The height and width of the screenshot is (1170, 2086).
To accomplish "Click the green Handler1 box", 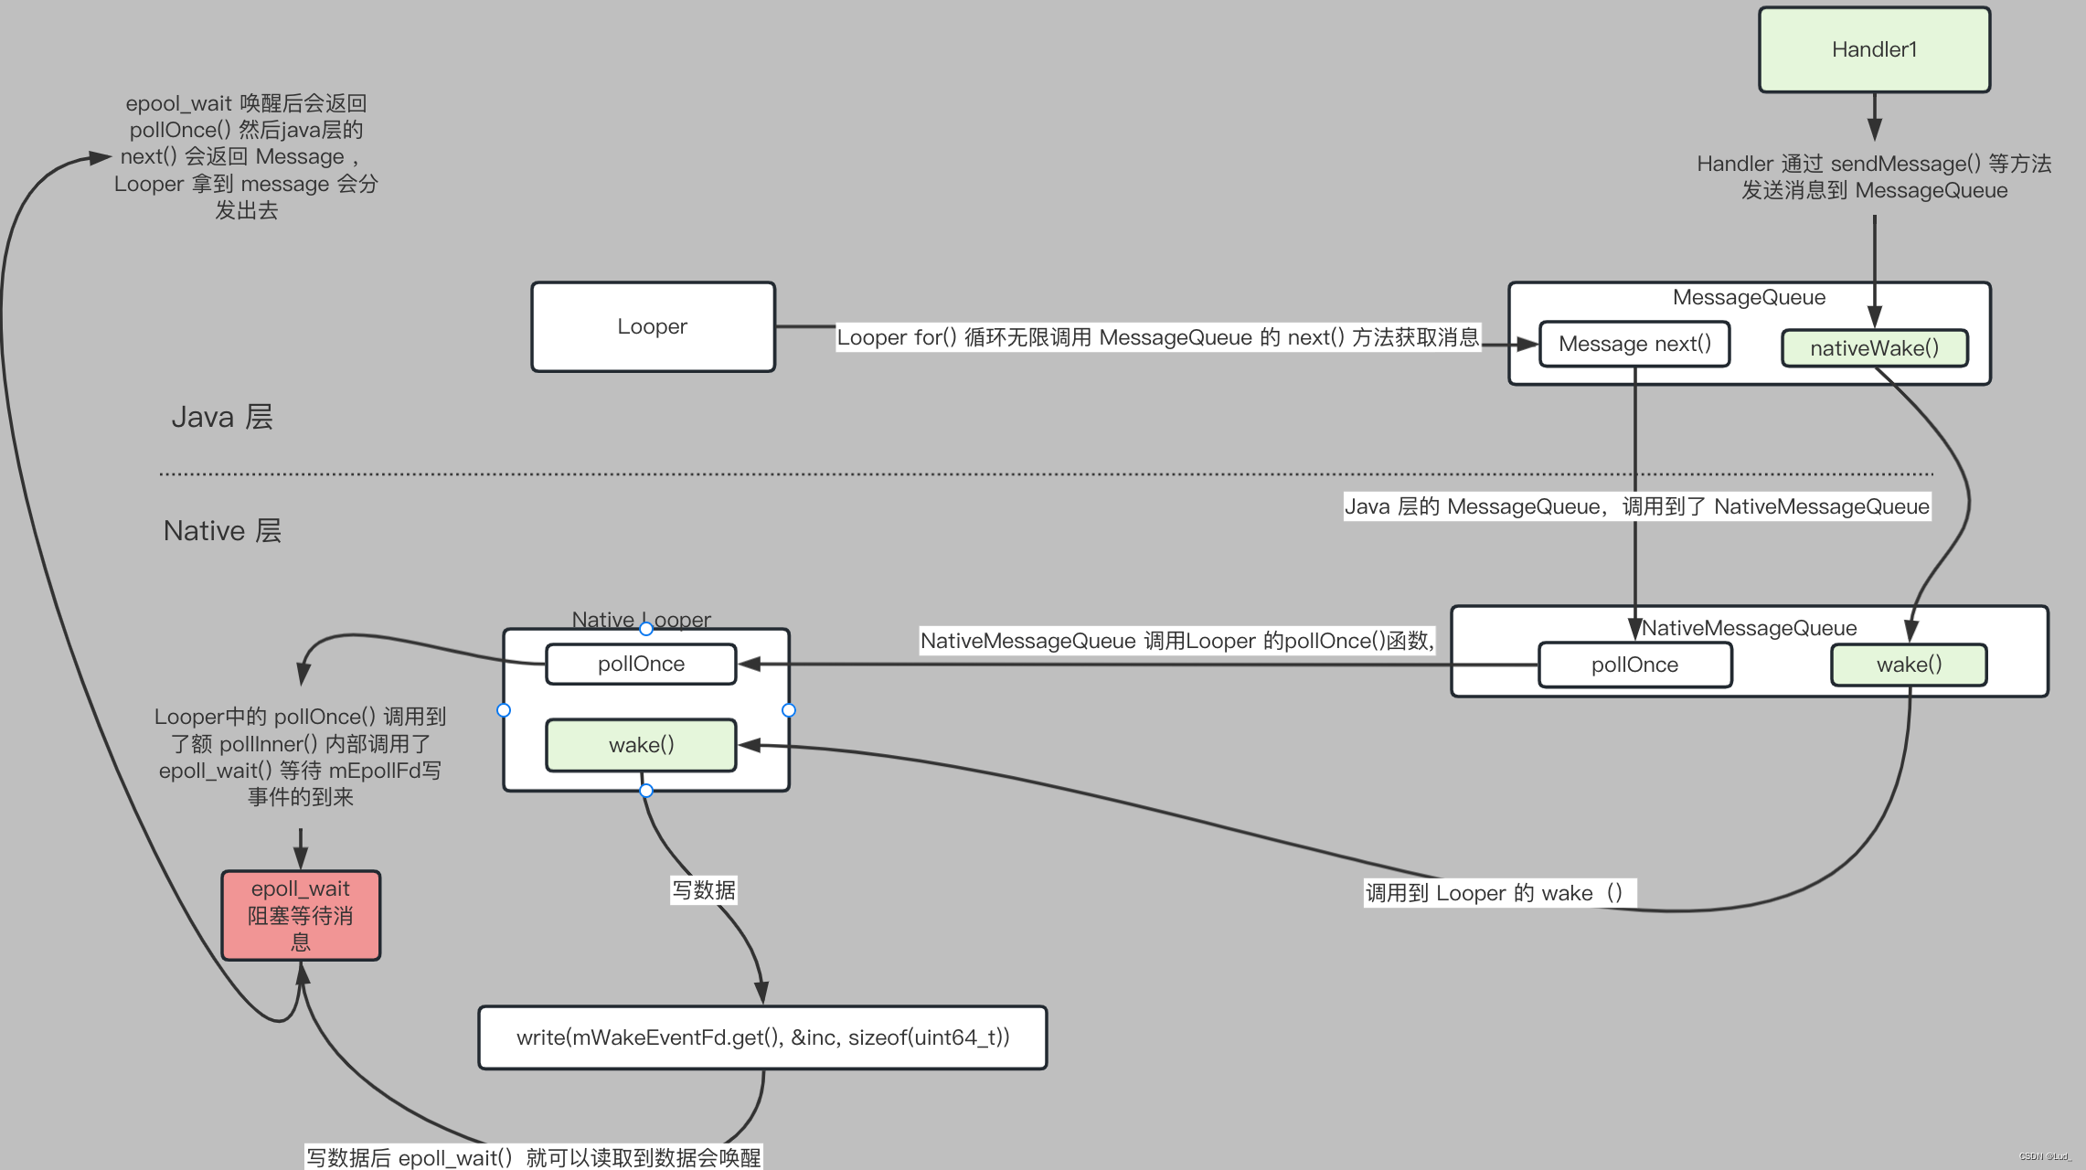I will click(1874, 50).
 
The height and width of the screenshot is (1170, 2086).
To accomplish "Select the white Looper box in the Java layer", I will click(653, 326).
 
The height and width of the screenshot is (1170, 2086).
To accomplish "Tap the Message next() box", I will click(1634, 344).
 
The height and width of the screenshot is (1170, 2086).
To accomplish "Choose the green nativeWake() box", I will click(1874, 348).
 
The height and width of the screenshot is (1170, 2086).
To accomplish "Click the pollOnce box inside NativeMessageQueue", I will click(1634, 665).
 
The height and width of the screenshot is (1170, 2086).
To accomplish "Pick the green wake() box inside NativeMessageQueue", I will click(1909, 665).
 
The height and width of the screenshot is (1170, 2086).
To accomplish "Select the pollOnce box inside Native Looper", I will click(641, 664).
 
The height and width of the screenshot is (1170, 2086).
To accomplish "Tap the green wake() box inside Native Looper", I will click(641, 745).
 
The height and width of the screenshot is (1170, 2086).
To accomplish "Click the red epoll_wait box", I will click(301, 915).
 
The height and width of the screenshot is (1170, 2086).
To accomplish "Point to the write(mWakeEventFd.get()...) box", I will click(762, 1037).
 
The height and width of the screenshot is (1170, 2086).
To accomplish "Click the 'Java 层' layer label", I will click(222, 417).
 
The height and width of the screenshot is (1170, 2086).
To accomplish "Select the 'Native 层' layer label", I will click(222, 531).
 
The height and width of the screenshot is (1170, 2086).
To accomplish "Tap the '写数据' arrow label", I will click(704, 890).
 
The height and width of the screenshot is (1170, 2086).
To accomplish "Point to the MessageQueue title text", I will click(1749, 297).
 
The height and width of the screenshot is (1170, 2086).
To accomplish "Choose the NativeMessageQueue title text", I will click(1749, 628).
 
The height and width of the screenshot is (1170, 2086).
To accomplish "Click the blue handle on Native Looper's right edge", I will click(789, 710).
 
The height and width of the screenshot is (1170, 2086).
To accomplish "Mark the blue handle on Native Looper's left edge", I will click(504, 710).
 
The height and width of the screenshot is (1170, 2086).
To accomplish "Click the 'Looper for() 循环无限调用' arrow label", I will click(1157, 337).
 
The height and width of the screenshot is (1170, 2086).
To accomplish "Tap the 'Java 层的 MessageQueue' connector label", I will click(1636, 506).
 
